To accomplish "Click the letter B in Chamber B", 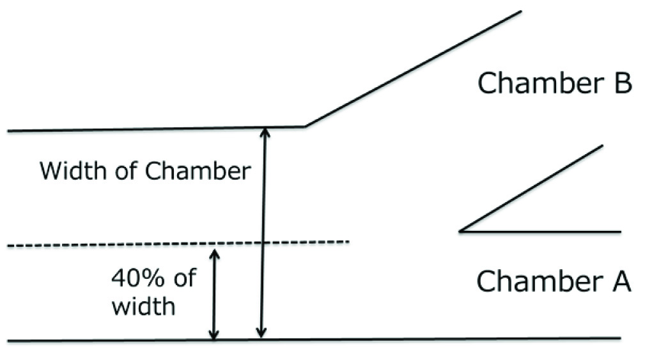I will pos(618,83).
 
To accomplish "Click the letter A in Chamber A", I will pos(618,280).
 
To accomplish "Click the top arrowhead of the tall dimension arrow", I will pos(261,131).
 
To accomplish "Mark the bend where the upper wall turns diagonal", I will pos(305,126).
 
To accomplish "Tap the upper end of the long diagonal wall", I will pos(521,12).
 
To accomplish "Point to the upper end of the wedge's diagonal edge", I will pos(602,146).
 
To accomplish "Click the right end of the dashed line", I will pos(348,242).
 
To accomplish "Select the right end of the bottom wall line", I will pos(619,338).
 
